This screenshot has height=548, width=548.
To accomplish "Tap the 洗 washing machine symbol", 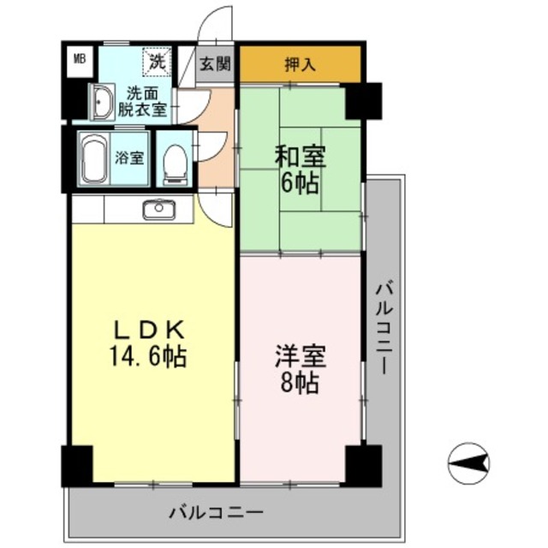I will (x=156, y=61).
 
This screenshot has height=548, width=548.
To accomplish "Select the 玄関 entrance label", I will (x=214, y=63).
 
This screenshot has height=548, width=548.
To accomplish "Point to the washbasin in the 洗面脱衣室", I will (x=102, y=102).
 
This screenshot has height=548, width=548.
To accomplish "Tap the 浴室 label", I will (x=130, y=158).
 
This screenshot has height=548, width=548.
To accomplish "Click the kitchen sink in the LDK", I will (x=157, y=208).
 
